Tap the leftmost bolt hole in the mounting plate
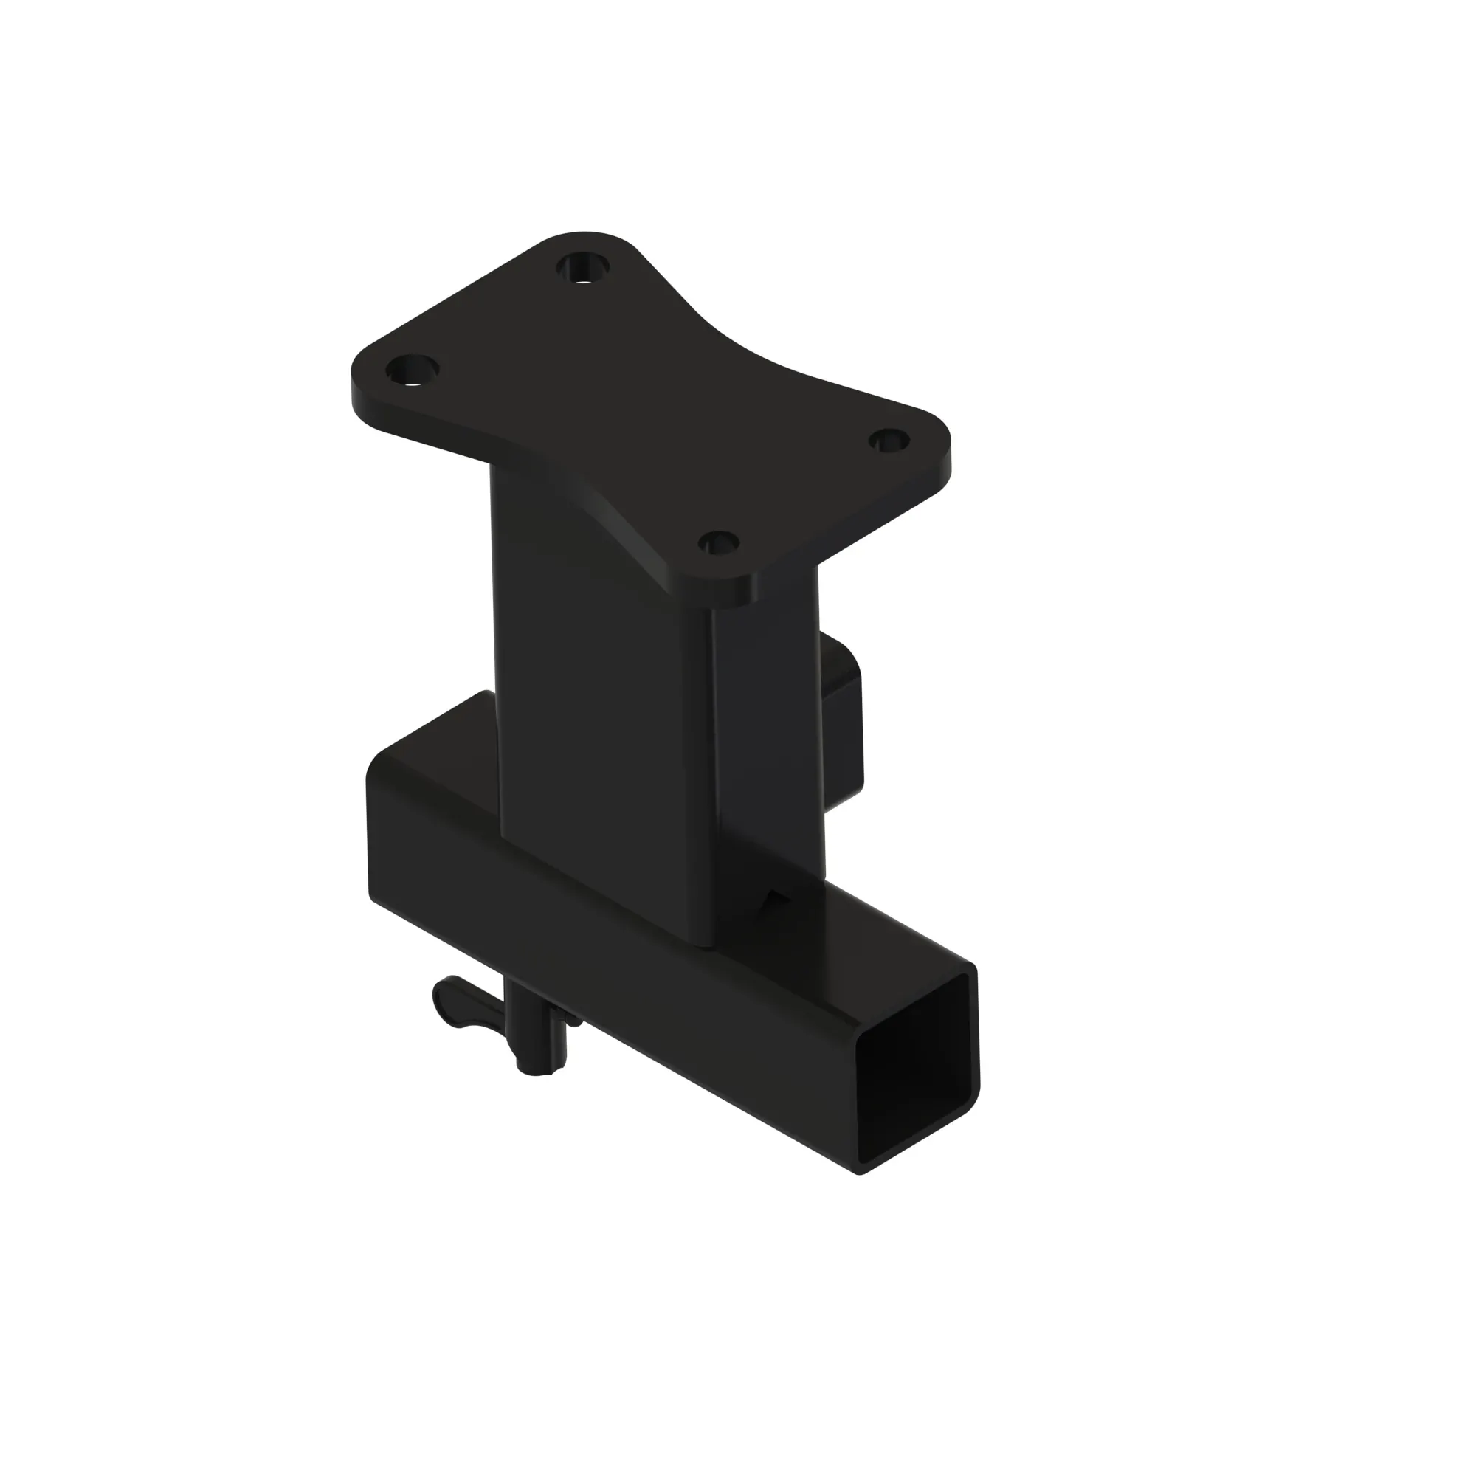pos(412,371)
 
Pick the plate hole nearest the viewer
pos(719,544)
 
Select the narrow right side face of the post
pos(768,764)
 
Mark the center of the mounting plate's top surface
pos(649,413)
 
